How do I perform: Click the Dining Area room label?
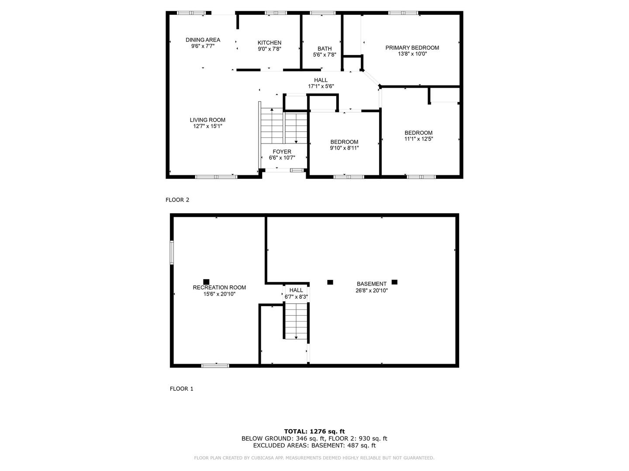[x=203, y=40]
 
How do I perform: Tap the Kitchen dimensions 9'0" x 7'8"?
[x=269, y=49]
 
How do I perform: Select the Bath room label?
[x=325, y=49]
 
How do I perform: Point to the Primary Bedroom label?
[x=412, y=48]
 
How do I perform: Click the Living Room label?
[x=207, y=120]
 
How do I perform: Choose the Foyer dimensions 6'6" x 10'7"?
[x=282, y=158]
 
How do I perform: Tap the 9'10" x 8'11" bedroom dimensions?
[x=344, y=148]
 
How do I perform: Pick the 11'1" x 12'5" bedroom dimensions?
[x=418, y=139]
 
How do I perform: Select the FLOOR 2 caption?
[x=177, y=200]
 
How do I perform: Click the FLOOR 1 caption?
[x=181, y=389]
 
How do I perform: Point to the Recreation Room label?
[x=219, y=287]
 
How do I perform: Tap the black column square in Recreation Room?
[x=206, y=282]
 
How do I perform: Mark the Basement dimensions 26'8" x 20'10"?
[x=371, y=290]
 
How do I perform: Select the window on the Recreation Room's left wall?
[x=172, y=252]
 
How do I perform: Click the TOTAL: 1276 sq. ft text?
[x=314, y=432]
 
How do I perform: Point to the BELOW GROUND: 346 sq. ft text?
[x=283, y=438]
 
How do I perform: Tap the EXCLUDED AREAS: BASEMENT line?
[x=314, y=445]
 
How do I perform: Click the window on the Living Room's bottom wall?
[x=216, y=177]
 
